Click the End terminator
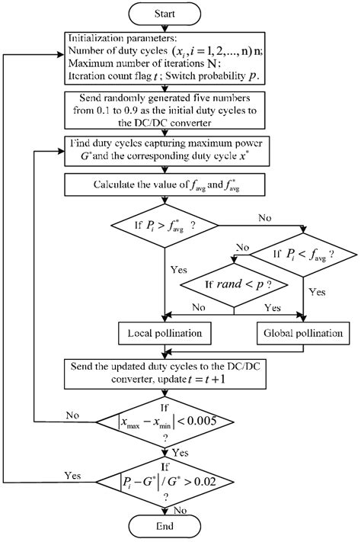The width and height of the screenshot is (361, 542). click(x=165, y=526)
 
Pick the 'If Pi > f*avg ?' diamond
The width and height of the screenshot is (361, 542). click(x=165, y=226)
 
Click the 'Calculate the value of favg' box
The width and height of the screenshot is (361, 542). click(x=165, y=185)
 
